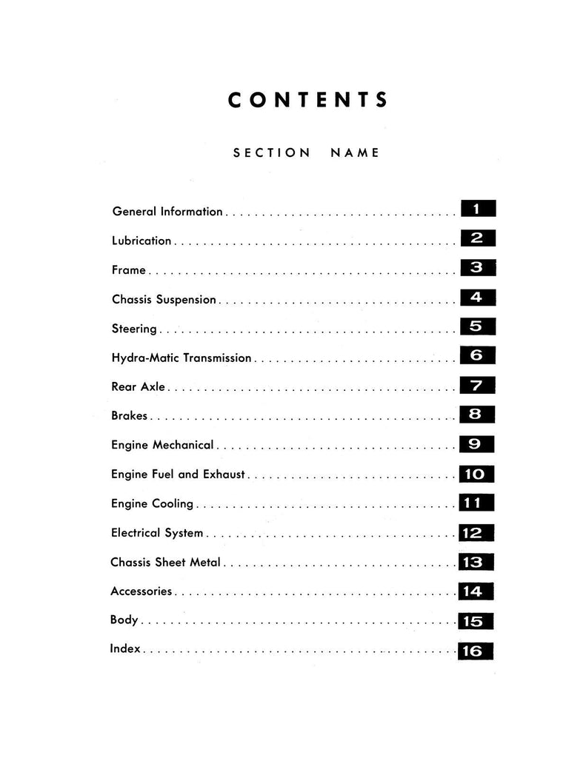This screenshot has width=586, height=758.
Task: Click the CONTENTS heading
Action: click(x=308, y=101)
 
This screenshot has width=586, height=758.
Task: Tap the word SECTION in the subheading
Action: click(x=272, y=153)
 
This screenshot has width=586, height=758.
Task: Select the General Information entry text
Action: click(x=167, y=212)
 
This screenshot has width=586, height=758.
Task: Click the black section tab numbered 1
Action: click(x=477, y=209)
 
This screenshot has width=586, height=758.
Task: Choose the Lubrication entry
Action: click(x=141, y=241)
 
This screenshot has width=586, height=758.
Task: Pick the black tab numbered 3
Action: click(x=477, y=267)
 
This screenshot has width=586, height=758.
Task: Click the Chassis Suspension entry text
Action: click(x=164, y=300)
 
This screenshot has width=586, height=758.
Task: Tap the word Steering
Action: click(x=134, y=329)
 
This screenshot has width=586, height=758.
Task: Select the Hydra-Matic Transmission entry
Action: click(x=182, y=358)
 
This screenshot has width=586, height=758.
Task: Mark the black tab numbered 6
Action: click(x=477, y=356)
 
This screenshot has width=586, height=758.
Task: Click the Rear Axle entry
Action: click(x=139, y=386)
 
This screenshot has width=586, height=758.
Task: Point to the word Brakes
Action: click(x=130, y=416)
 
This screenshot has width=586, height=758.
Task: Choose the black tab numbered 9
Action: click(x=477, y=444)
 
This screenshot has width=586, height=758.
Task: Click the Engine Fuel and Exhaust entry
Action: click(x=178, y=474)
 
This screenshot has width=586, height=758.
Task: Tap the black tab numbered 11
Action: click(x=476, y=503)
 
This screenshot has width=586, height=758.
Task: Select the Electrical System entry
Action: click(x=157, y=533)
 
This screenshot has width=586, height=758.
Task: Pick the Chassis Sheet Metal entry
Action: click(x=165, y=563)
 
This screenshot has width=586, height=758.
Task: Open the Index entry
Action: click(x=126, y=649)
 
